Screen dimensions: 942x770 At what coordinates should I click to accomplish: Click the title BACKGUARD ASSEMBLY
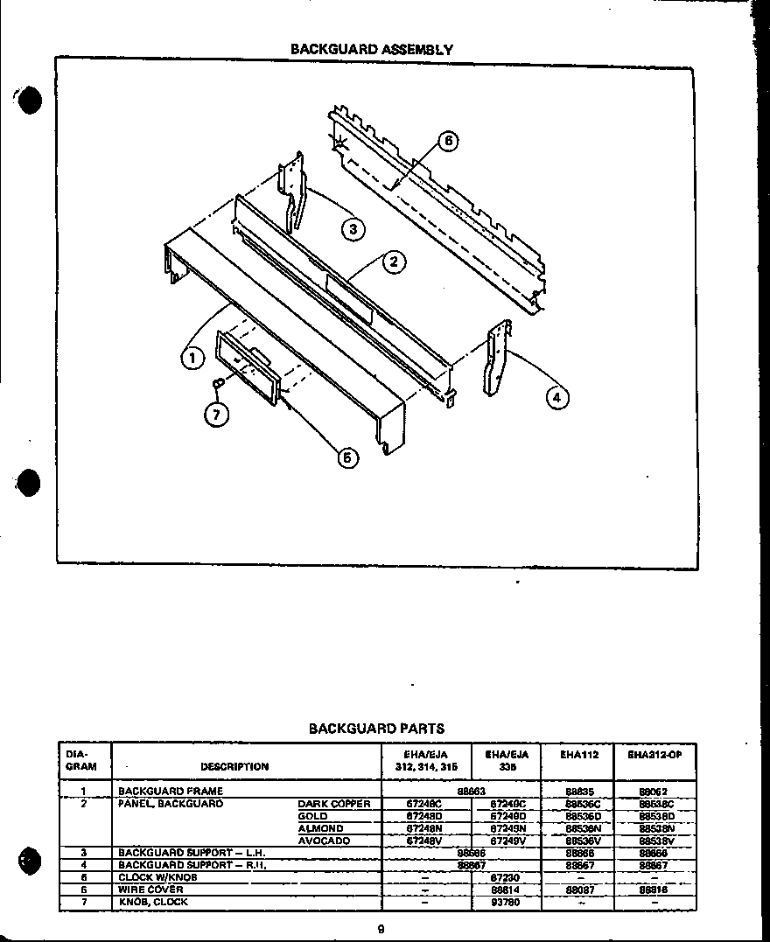coord(372,50)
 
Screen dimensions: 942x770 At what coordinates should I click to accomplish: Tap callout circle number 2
coord(394,262)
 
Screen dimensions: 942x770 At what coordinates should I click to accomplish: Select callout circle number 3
coord(352,230)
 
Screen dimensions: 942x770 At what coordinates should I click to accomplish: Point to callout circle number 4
coord(556,398)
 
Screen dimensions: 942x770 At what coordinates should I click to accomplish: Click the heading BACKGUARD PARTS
coord(376,728)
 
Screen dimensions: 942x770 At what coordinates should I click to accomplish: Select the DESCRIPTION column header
coord(234,767)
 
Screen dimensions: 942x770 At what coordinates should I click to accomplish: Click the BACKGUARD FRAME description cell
coord(171,791)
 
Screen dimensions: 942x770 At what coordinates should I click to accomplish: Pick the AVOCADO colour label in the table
coord(324,841)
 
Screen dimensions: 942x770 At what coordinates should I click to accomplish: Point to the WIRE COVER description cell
coord(151,890)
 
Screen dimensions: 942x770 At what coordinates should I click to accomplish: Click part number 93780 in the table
coord(507,902)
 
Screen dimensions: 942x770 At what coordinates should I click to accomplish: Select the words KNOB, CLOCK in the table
coord(154,902)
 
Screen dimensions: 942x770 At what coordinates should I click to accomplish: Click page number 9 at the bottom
coord(381,930)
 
